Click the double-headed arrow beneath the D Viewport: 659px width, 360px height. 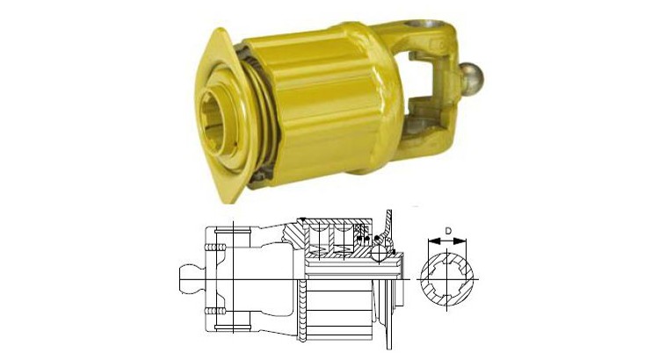point(449,243)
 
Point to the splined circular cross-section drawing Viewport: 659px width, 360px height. point(449,278)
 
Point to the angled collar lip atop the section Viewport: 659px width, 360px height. point(389,220)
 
